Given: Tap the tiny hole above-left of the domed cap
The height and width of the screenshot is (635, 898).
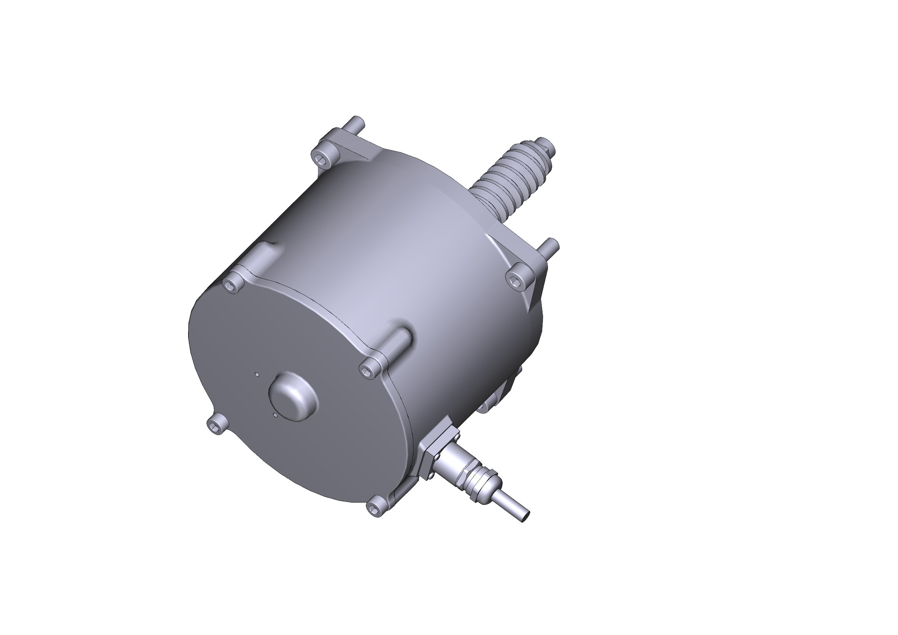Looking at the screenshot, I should pos(256,375).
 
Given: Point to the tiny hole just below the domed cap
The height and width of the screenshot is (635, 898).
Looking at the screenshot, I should pos(276,415).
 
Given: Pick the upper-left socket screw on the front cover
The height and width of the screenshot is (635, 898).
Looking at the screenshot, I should pos(233,287).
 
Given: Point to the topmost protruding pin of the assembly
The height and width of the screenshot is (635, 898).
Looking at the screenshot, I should pos(357,121).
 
